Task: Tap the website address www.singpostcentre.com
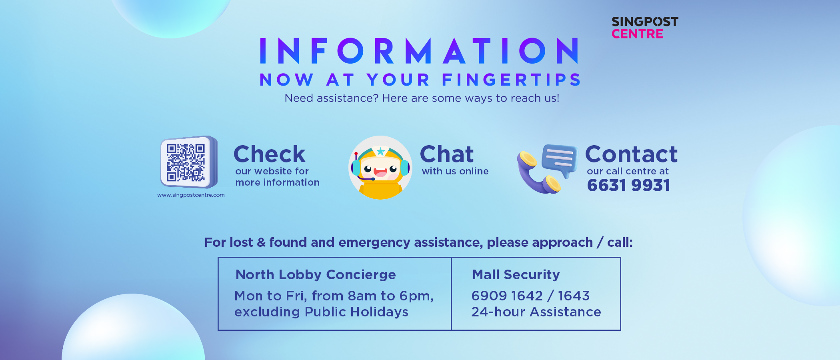click(x=191, y=195)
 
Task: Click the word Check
click(x=270, y=154)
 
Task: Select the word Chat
click(x=447, y=154)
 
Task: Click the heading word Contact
click(x=631, y=154)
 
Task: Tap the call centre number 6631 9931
click(x=628, y=185)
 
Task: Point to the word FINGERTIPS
click(x=511, y=80)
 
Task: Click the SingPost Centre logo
click(x=645, y=28)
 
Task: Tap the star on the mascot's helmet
click(x=381, y=151)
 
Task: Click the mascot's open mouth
click(x=380, y=172)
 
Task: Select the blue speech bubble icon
click(x=560, y=161)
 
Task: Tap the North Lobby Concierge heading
click(x=316, y=275)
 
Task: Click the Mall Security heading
click(x=516, y=275)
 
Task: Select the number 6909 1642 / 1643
click(x=530, y=296)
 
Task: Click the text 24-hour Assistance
click(x=536, y=312)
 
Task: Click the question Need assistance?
click(x=331, y=98)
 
